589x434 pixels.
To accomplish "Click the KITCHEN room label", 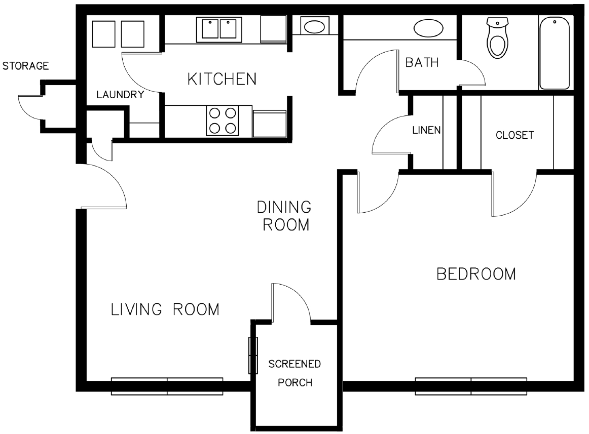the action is pos(222,79).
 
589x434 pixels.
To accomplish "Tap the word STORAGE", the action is pos(25,66).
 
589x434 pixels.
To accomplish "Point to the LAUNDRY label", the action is pos(120,95).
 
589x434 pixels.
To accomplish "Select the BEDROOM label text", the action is pos(476,274).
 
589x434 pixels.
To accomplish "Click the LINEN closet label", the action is pos(426,130).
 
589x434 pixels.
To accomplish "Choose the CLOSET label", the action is pos(514,135).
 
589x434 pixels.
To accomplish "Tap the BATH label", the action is pos(422,62).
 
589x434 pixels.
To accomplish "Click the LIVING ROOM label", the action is pos(165,309).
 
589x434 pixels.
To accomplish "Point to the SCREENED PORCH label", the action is pos(295,373).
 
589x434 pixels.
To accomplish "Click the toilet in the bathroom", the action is pos(497,37).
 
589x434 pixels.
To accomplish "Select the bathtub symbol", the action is pos(554,53).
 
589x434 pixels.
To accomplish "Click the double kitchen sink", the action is pos(219,29).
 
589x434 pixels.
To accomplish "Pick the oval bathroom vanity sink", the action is pos(428,28).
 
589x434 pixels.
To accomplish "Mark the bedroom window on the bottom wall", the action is pos(471,386).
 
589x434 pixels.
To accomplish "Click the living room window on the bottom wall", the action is pos(167,386).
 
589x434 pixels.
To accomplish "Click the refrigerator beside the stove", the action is pos(270,124).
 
